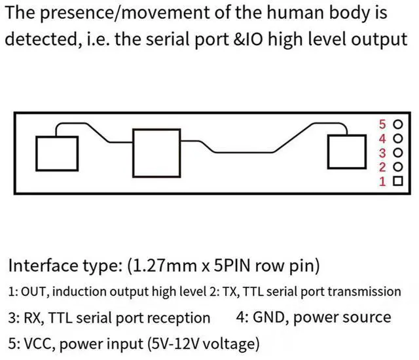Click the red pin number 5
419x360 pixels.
384,124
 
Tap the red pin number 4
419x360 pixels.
384,138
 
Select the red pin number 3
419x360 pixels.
384,153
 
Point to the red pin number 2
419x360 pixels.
384,168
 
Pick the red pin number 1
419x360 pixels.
384,181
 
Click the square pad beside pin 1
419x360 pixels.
397,181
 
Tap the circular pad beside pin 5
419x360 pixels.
397,124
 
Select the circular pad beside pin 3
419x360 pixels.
397,153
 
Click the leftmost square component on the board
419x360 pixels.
57,153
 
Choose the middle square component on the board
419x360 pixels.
156,152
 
